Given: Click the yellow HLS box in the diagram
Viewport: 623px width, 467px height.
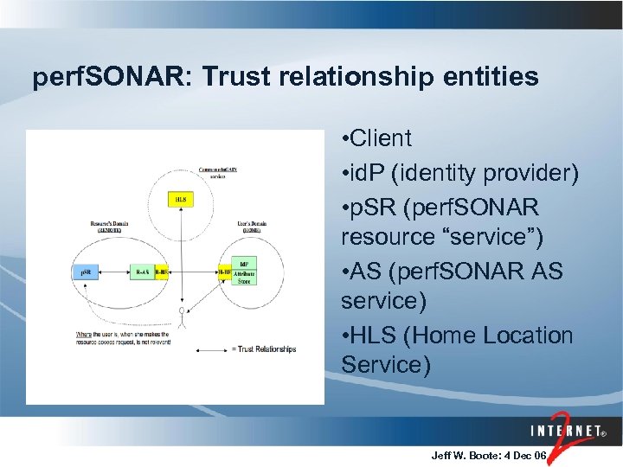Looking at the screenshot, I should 180,199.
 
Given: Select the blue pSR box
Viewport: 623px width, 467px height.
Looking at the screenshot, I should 86,272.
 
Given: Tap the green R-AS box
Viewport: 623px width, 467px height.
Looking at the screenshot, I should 141,272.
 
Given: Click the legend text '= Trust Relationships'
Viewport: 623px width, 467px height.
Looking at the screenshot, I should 264,349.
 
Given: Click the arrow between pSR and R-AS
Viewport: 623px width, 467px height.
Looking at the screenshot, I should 113,272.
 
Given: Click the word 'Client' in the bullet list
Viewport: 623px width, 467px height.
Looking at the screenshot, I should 382,138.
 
